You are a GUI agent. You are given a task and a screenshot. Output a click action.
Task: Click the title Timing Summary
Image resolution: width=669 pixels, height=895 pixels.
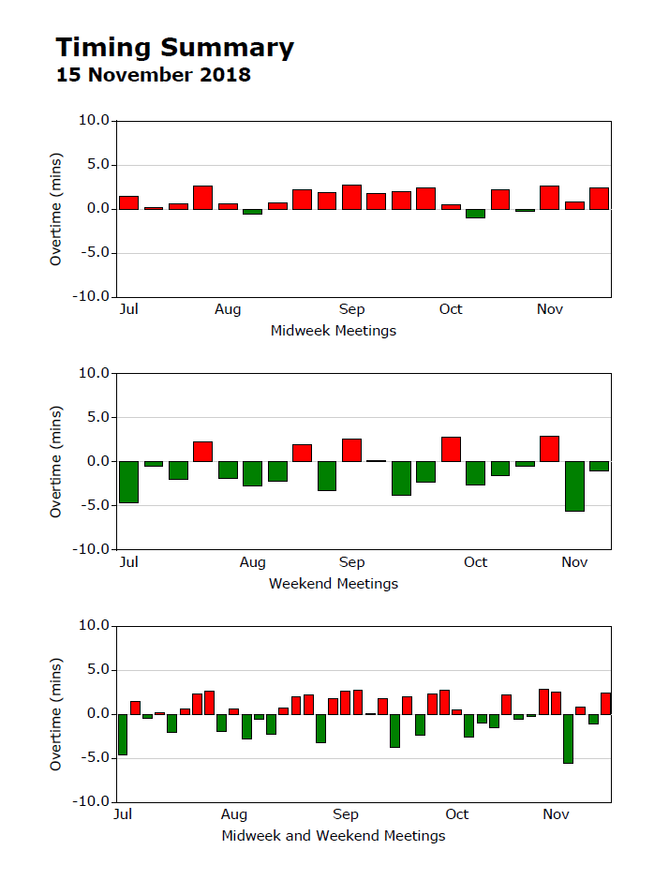tap(174, 48)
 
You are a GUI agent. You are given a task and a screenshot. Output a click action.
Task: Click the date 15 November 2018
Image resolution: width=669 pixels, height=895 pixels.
tap(154, 75)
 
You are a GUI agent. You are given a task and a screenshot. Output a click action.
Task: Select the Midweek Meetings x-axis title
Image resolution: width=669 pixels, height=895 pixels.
tap(333, 331)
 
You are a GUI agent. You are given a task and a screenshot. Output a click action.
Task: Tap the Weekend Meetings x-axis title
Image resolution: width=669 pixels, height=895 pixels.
tap(333, 584)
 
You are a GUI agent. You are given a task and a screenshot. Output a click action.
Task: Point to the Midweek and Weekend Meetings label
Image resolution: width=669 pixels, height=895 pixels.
tap(333, 836)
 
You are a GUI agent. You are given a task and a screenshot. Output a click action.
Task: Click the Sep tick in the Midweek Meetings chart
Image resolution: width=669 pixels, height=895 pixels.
tap(351, 310)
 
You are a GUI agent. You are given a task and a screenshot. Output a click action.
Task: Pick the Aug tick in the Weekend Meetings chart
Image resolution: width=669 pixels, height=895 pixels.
tap(252, 562)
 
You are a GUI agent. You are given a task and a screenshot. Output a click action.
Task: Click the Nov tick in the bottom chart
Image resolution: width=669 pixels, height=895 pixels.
tap(557, 814)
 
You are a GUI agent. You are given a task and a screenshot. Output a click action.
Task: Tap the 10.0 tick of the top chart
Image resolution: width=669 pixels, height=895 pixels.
tap(94, 121)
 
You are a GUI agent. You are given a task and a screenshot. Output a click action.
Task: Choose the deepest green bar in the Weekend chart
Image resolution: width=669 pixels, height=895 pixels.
tap(574, 485)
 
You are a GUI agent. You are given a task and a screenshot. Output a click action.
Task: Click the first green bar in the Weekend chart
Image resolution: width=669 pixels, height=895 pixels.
tap(128, 482)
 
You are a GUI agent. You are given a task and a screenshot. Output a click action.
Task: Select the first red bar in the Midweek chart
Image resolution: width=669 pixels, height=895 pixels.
tap(128, 202)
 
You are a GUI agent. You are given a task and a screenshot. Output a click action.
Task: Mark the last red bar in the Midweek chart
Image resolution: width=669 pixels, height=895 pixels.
tap(599, 199)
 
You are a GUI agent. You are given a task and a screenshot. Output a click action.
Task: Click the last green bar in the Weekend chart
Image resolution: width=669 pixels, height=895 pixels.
tap(599, 466)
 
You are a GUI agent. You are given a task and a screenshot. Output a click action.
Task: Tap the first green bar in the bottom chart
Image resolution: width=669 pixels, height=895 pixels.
tap(123, 735)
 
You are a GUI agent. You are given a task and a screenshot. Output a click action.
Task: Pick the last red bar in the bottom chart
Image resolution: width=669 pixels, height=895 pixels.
tap(605, 704)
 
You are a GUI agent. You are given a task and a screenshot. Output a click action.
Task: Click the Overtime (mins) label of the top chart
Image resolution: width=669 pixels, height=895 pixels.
tap(56, 209)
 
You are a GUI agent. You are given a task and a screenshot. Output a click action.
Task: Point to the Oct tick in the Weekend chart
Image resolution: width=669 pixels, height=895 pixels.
tap(475, 562)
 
